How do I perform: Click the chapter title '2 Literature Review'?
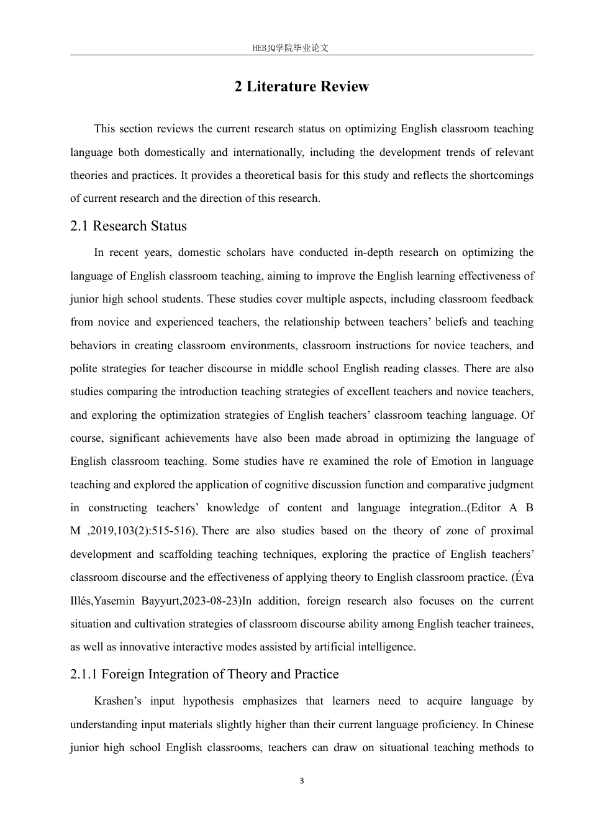(302, 86)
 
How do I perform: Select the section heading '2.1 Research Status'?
(129, 226)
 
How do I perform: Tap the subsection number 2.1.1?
(84, 674)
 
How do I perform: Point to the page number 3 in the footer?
(302, 781)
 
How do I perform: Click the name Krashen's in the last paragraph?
(117, 701)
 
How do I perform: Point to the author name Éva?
(523, 577)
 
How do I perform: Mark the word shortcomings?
(501, 175)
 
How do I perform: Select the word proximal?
(512, 531)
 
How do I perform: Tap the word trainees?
(511, 624)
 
